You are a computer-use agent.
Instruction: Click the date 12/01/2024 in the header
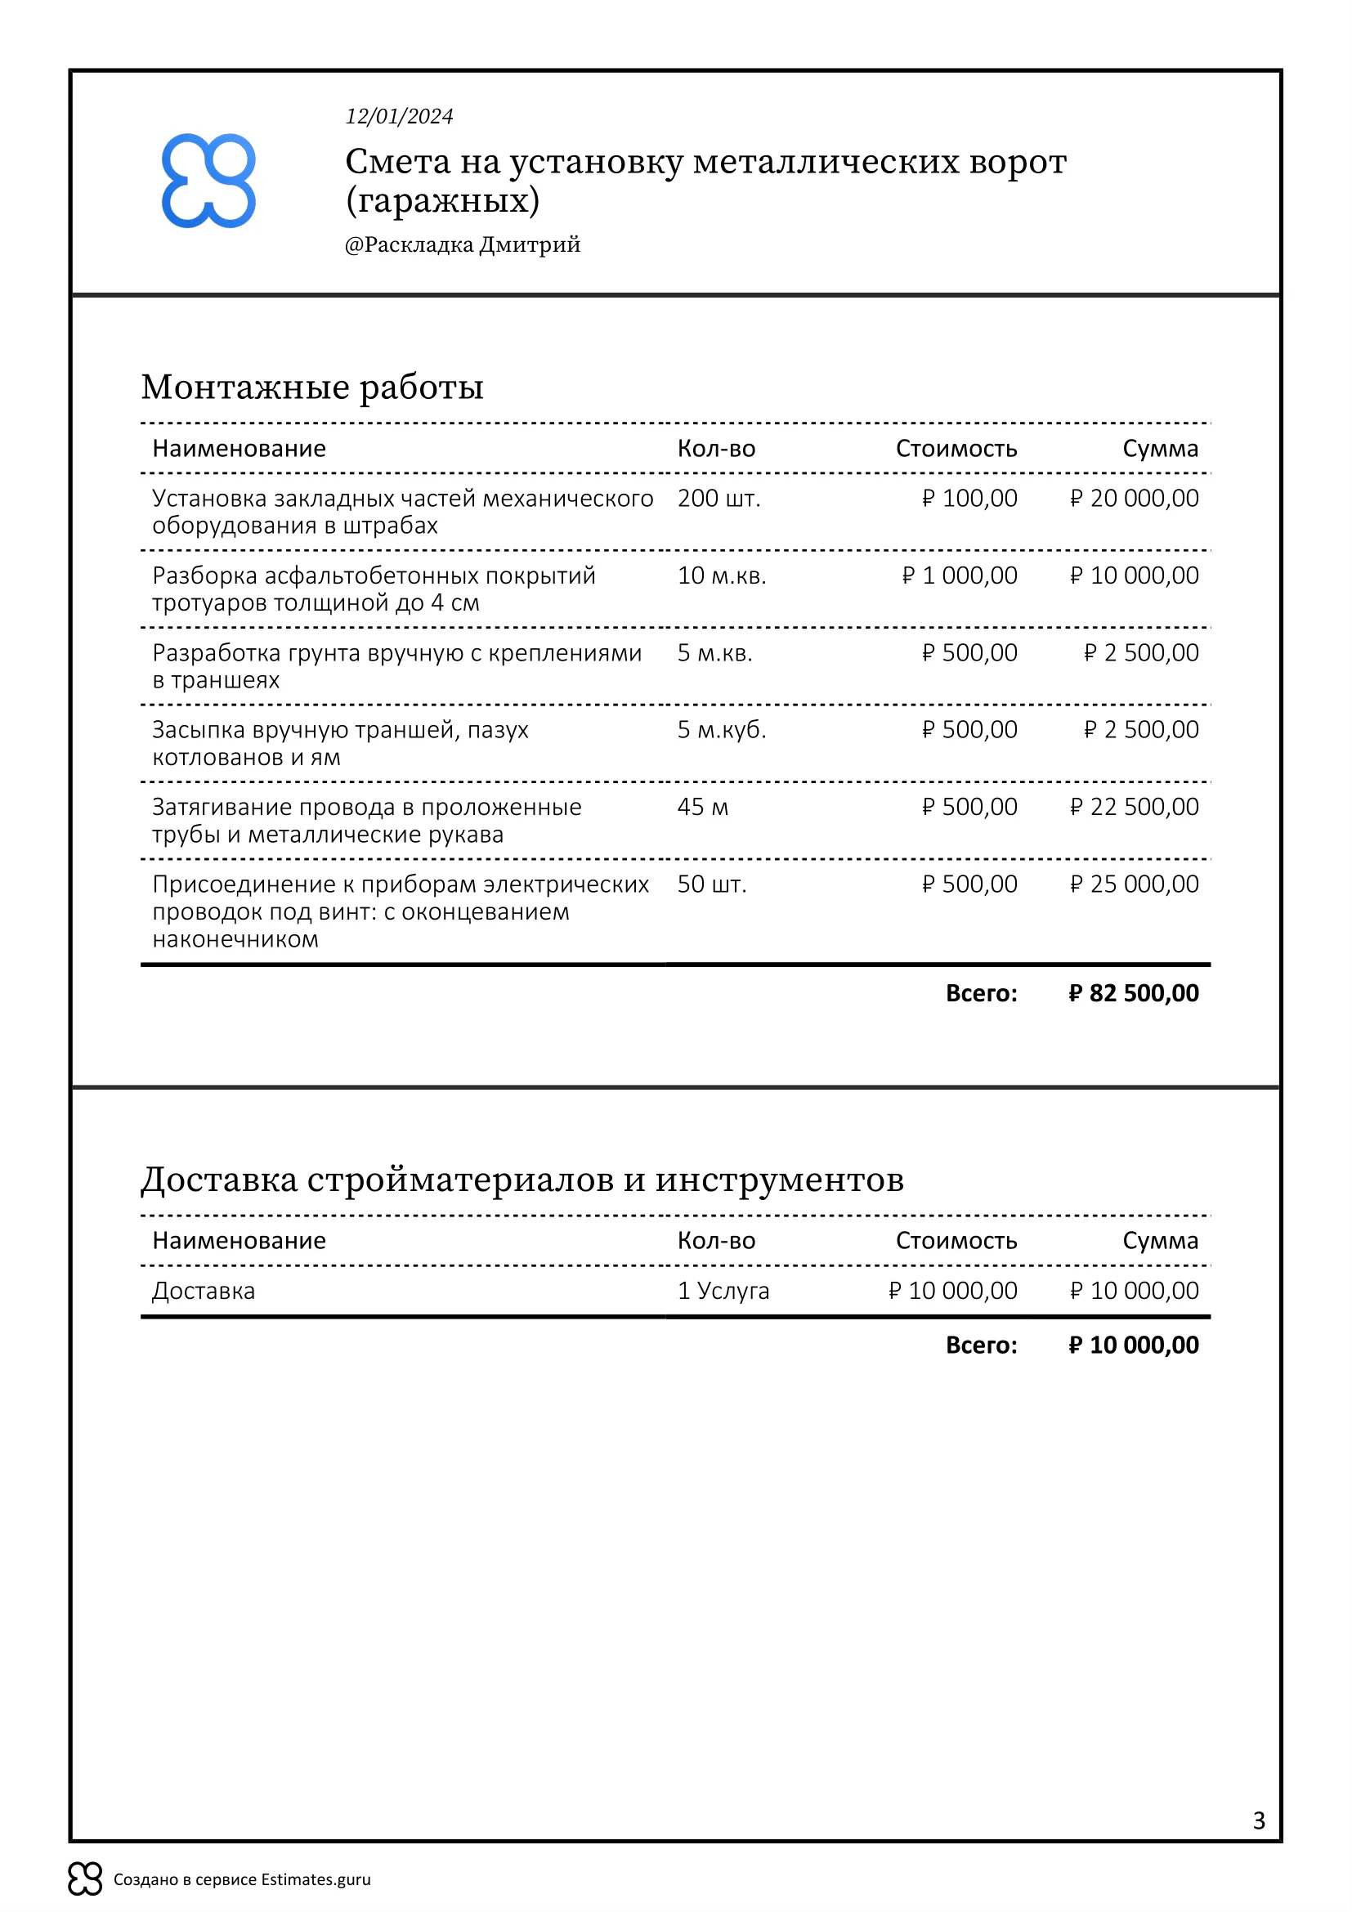(399, 117)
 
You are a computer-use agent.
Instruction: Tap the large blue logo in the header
(208, 181)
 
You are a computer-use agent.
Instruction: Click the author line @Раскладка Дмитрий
(462, 245)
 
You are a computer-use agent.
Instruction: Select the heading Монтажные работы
(312, 387)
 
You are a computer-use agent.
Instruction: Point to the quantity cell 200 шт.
(719, 498)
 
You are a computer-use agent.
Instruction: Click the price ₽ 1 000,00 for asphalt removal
(959, 575)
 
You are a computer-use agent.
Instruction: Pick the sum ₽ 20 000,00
(1134, 498)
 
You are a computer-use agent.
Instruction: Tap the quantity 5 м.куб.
(721, 729)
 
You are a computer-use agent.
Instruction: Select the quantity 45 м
(703, 807)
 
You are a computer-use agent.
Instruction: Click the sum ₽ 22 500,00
(1134, 807)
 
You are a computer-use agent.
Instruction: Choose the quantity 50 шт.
(712, 884)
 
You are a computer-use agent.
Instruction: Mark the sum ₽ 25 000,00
(1134, 884)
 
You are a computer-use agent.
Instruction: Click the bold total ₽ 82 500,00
(1133, 992)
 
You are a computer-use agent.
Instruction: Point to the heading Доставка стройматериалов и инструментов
(522, 1180)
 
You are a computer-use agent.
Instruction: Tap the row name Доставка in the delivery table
(204, 1291)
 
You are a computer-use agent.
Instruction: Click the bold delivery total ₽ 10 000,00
(1133, 1345)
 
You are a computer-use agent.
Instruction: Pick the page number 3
(1258, 1820)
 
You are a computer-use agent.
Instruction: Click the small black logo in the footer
(85, 1878)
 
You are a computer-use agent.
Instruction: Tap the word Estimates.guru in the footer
(316, 1879)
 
